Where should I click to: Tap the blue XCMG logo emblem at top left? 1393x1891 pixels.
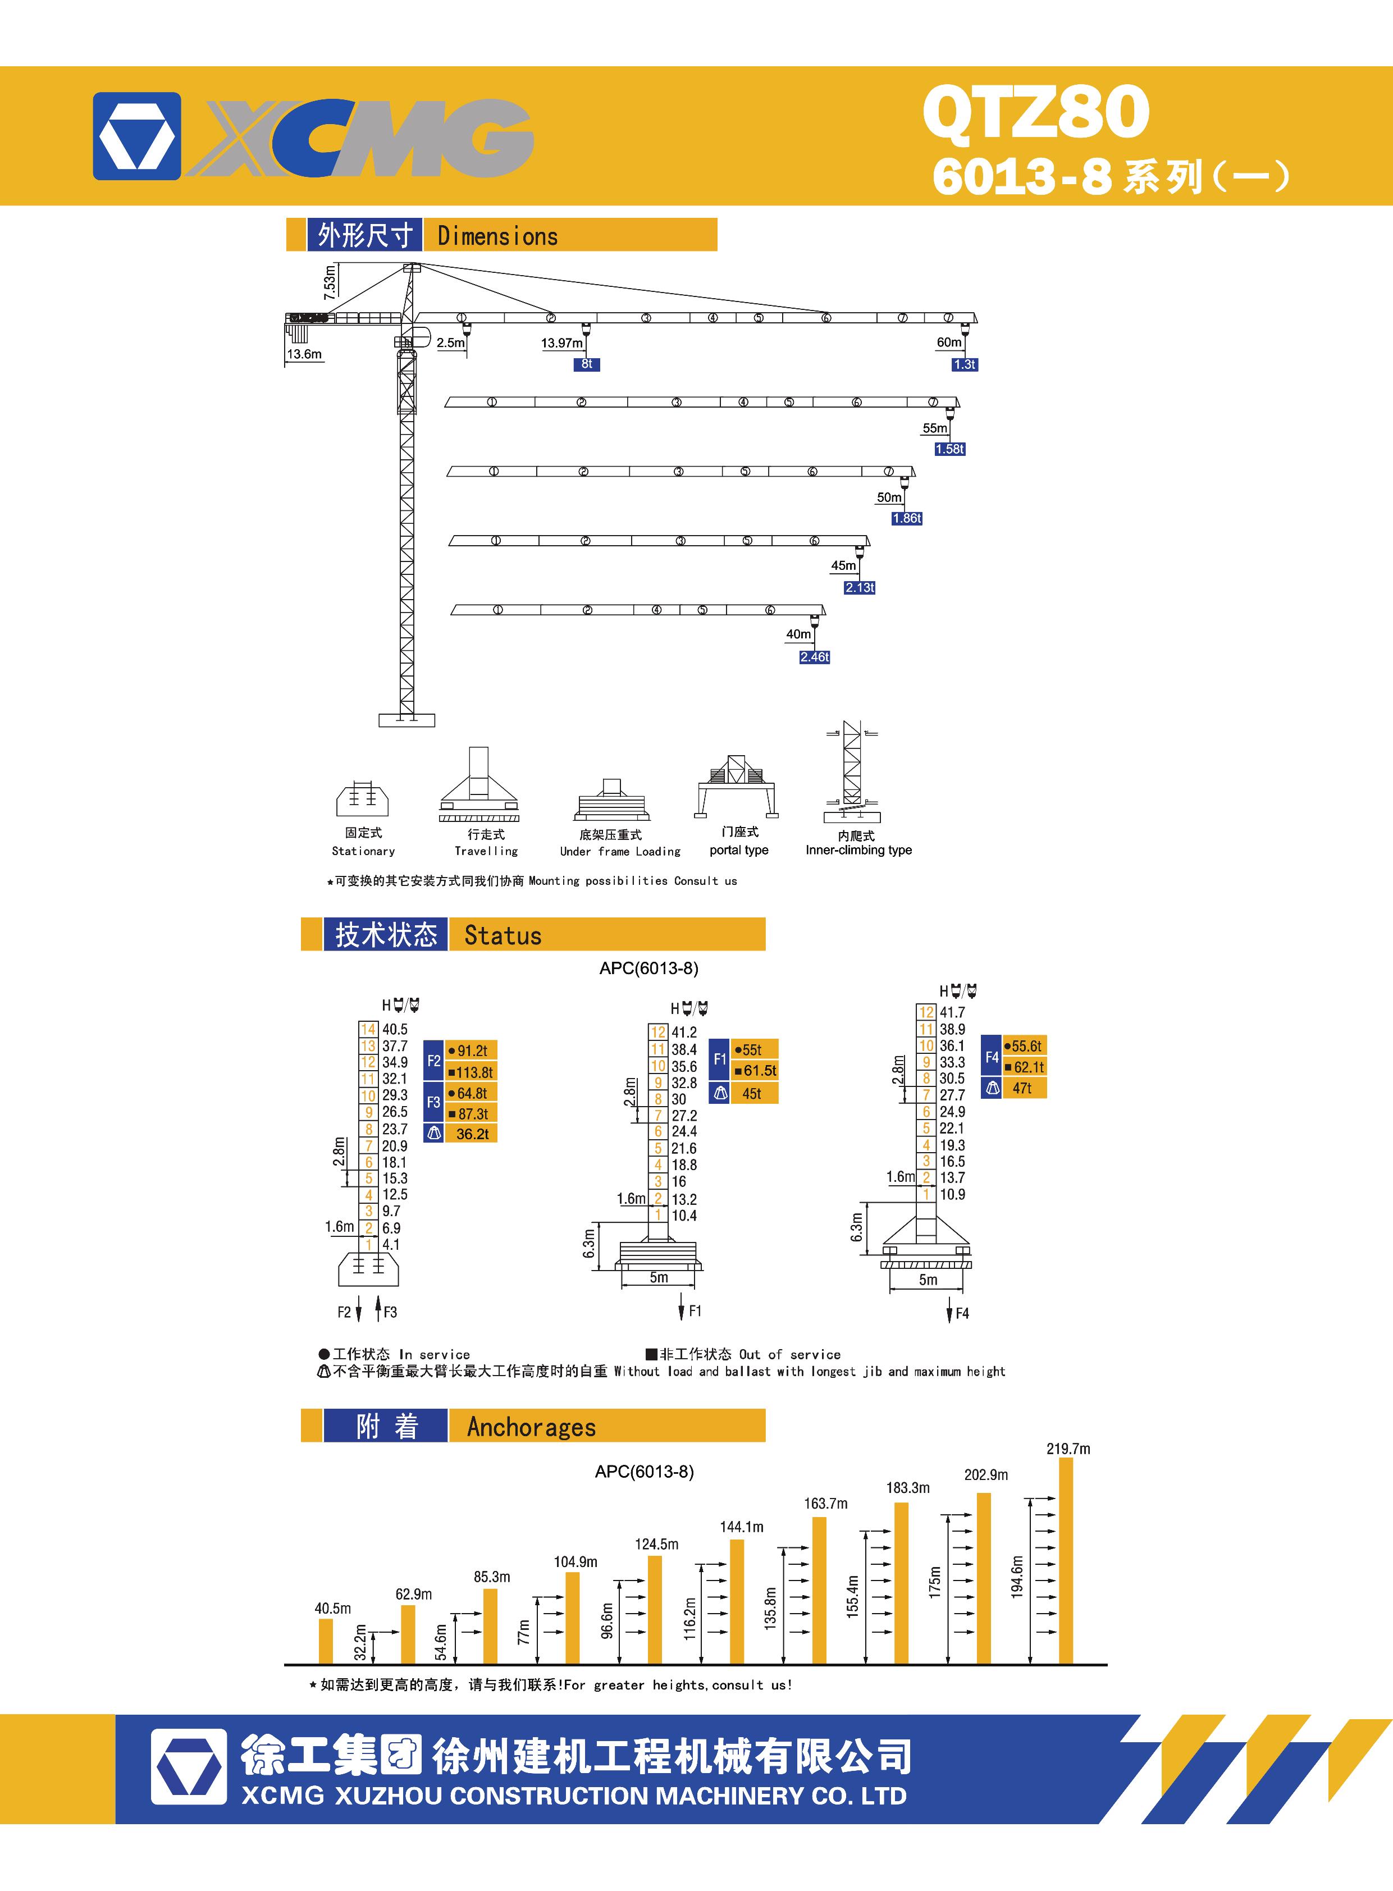[136, 136]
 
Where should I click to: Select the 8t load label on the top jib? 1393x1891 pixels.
[587, 364]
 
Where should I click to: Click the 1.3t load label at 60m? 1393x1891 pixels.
[964, 364]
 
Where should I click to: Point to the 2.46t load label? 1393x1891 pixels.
[815, 657]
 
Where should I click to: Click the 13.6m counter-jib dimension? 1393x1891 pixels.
[304, 354]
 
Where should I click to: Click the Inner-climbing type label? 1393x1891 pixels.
[858, 850]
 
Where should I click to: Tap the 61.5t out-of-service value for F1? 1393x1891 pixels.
[758, 1071]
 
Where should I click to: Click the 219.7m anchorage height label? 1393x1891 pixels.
[1068, 1449]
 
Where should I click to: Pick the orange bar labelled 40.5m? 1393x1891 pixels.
[326, 1640]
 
